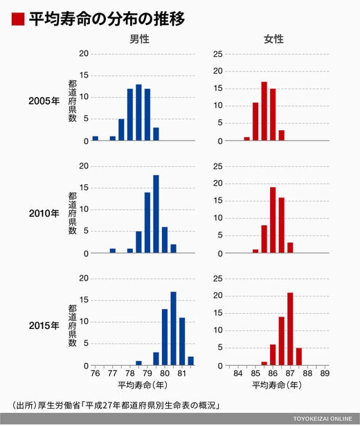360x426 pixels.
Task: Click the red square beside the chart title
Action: tap(18, 19)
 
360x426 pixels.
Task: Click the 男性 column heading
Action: tap(139, 39)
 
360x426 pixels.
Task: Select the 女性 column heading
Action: tap(274, 39)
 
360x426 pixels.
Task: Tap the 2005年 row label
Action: tap(44, 101)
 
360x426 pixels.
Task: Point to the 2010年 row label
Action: tap(44, 213)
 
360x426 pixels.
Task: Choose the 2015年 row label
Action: tap(44, 326)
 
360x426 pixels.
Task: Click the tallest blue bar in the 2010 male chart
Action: tap(156, 214)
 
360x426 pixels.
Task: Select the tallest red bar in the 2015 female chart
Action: tap(290, 329)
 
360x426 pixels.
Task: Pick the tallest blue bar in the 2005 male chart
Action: tap(138, 112)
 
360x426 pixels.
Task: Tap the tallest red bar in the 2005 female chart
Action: tap(264, 111)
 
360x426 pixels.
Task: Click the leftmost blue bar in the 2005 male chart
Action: tap(96, 139)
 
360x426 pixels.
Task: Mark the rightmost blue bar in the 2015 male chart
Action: tap(191, 361)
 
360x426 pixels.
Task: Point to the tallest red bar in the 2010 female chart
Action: tap(273, 220)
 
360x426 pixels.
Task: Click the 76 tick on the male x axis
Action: tap(96, 373)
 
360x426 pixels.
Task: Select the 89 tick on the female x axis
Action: tap(325, 373)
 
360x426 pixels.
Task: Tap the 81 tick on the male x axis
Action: tap(182, 373)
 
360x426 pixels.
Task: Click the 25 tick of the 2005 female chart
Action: tap(218, 54)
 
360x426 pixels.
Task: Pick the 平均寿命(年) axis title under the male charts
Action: tap(143, 385)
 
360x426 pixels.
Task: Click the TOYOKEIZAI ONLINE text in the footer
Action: tap(323, 418)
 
